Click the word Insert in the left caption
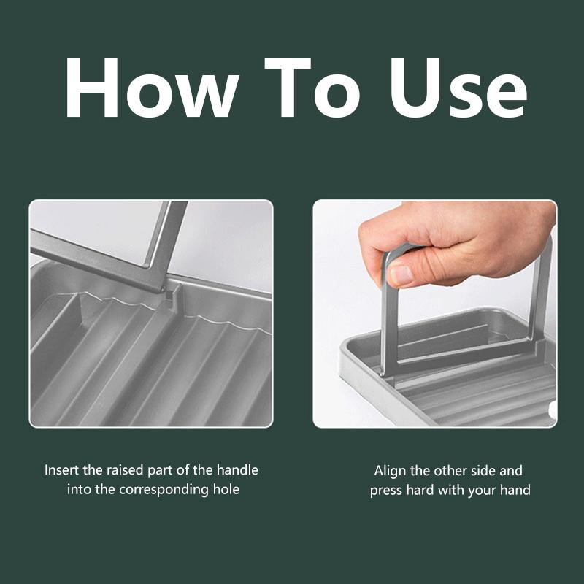click(61, 470)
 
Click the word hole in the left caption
click(225, 489)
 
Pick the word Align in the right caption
click(391, 471)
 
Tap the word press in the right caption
click(386, 491)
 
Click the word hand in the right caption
click(515, 490)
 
